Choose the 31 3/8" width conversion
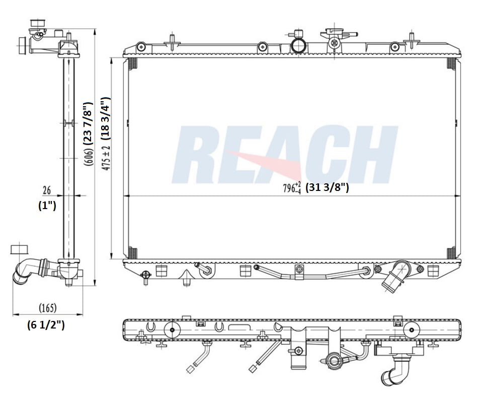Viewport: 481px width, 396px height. coord(327,188)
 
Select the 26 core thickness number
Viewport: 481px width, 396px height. coord(47,190)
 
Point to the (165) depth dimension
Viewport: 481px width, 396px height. coord(47,307)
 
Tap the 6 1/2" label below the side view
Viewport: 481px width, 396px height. coord(46,325)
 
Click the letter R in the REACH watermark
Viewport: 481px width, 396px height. coord(201,155)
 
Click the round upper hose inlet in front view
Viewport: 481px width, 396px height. coord(299,45)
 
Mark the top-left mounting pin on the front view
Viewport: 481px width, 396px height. coord(172,40)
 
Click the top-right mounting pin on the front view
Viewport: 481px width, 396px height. coord(412,39)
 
